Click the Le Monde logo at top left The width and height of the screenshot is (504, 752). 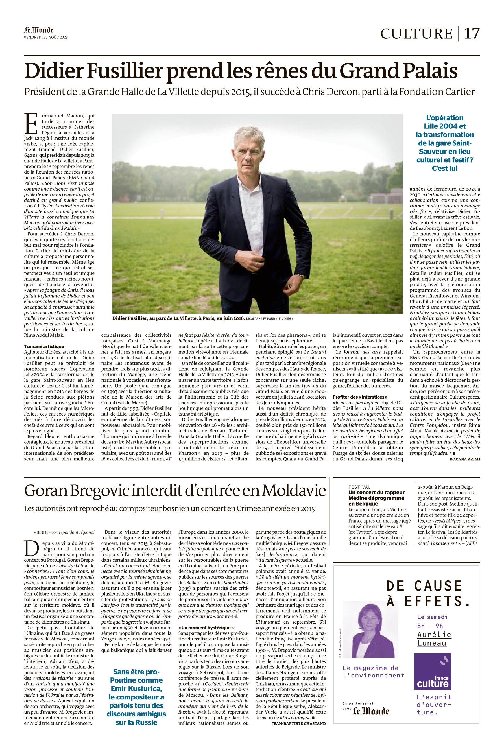[x=39, y=30]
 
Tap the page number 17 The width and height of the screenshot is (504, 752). [x=472, y=33]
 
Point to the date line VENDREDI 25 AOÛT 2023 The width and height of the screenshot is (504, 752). [x=46, y=37]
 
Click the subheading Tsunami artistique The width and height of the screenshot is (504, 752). [x=44, y=346]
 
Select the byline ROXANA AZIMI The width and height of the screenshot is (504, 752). [x=464, y=459]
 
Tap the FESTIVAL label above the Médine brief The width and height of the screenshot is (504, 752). [x=359, y=487]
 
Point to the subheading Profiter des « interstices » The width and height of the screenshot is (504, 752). [x=360, y=397]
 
